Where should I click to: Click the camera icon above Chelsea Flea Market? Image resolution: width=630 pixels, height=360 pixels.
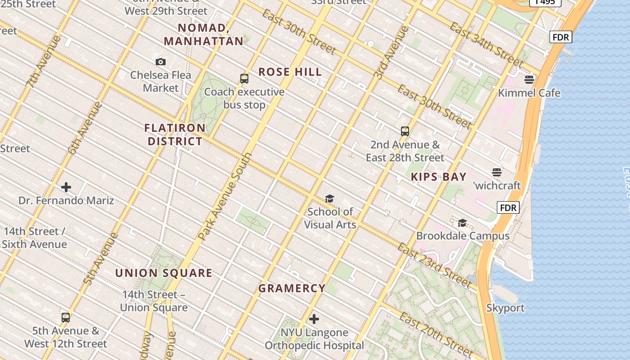(161, 62)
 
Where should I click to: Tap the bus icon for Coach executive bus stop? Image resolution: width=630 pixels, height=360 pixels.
(244, 79)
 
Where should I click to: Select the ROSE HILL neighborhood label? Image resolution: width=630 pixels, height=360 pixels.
(290, 72)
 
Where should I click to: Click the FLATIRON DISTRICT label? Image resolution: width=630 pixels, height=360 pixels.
(175, 135)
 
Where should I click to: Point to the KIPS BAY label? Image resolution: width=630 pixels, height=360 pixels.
(439, 177)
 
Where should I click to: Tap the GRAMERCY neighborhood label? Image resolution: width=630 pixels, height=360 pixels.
(292, 288)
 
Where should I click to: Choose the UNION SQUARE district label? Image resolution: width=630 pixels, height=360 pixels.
(164, 273)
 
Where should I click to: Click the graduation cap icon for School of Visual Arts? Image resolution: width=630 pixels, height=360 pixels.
(330, 199)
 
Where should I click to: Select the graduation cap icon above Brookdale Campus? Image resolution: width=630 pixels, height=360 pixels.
(462, 223)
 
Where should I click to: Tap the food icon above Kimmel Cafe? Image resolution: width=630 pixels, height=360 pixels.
(529, 80)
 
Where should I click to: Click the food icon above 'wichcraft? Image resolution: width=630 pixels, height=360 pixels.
(497, 172)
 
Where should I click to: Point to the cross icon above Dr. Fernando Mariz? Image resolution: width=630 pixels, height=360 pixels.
(66, 187)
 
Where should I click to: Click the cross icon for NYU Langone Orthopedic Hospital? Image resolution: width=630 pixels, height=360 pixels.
(314, 319)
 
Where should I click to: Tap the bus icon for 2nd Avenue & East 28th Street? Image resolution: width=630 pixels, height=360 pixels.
(405, 131)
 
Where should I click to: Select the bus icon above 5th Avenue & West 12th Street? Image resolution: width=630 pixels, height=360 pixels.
(66, 318)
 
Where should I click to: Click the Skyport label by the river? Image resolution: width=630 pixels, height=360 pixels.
(505, 308)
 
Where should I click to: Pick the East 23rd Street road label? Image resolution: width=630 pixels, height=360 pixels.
(434, 265)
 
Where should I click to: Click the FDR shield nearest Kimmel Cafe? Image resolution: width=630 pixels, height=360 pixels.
(561, 37)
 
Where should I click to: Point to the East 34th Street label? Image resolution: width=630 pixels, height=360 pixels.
(486, 45)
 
